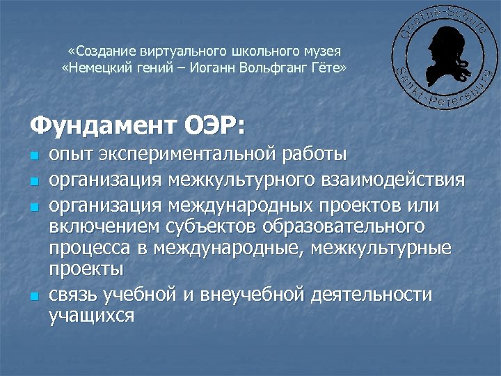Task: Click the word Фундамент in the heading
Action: (x=102, y=126)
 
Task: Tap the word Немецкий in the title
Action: (x=93, y=68)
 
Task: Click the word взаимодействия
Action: (x=393, y=180)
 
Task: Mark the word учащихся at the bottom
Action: (x=91, y=315)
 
